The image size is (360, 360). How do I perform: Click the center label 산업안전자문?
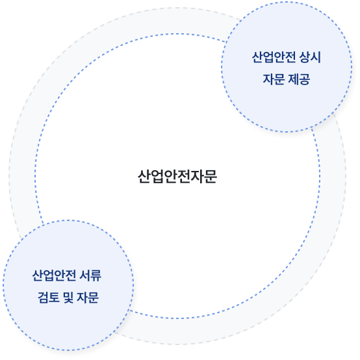point(177,177)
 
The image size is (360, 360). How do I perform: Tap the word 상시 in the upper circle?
point(310,57)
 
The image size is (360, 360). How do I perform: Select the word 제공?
point(298,79)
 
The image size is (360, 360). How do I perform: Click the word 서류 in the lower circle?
point(90,276)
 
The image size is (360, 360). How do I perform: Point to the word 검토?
point(49,298)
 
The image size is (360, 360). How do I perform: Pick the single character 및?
point(69,298)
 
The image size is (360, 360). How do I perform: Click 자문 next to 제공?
point(274,79)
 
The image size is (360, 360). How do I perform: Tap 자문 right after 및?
point(88,298)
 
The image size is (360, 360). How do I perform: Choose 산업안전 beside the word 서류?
point(54,276)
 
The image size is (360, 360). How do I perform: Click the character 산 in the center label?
point(144,177)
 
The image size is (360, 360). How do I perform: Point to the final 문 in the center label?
point(211,177)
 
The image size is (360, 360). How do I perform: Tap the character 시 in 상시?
point(315,57)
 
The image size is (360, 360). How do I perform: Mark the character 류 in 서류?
point(96,276)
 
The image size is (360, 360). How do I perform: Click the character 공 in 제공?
point(304,79)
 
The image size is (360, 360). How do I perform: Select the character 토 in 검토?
point(55,298)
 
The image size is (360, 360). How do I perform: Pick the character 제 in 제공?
point(292,79)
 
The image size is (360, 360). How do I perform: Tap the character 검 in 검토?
point(43,298)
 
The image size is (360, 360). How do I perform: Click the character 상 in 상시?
point(304,57)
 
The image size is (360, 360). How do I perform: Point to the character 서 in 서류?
point(84,276)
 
